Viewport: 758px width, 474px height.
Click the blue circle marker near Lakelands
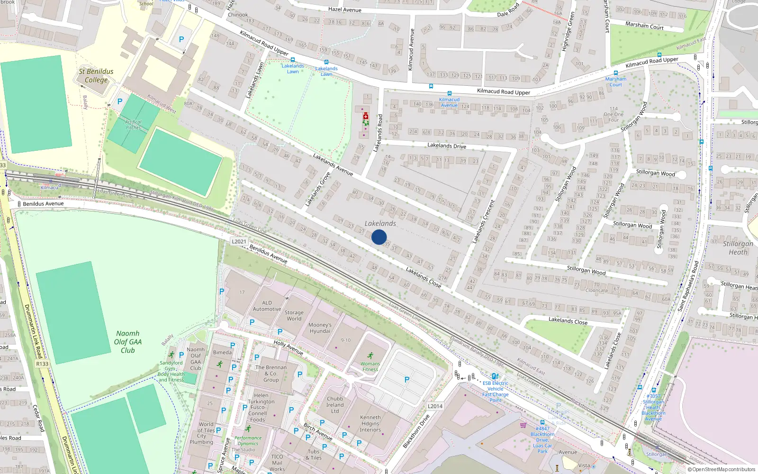point(379,237)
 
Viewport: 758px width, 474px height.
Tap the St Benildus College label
point(96,76)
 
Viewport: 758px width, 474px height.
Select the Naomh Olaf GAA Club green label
point(128,342)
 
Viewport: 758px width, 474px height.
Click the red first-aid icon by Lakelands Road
point(365,116)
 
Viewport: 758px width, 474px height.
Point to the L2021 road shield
point(239,241)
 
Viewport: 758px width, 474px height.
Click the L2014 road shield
point(435,406)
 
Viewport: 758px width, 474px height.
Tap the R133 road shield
point(42,364)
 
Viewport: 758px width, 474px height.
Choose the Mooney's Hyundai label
point(320,328)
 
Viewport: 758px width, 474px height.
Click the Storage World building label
point(294,316)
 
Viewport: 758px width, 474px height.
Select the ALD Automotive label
point(267,306)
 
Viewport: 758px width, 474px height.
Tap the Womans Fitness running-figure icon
point(370,356)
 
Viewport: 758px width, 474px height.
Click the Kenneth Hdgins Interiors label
point(370,424)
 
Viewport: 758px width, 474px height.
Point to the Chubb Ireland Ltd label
point(335,405)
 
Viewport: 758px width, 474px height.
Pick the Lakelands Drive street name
point(447,146)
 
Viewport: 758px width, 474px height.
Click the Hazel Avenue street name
point(344,10)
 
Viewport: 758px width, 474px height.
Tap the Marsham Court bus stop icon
point(615,73)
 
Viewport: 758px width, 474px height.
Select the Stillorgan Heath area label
point(738,248)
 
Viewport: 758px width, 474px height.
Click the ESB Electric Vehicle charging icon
point(495,376)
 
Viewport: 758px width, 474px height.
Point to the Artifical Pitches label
point(133,125)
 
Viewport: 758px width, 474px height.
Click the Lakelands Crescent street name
point(483,222)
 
